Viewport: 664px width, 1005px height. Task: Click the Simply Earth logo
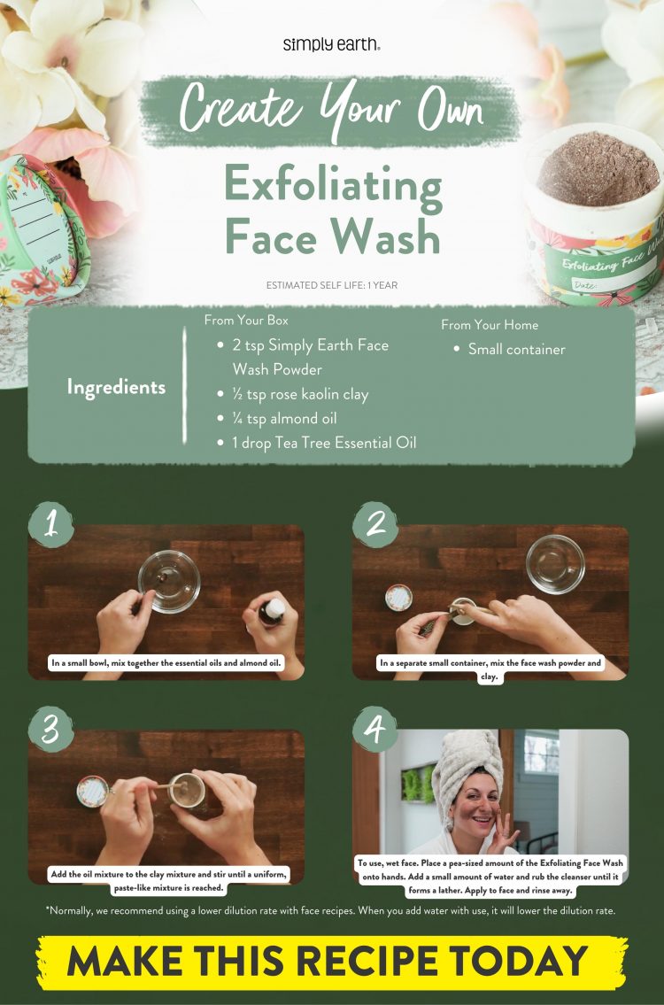tap(332, 44)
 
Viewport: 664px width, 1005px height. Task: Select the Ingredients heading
tap(116, 387)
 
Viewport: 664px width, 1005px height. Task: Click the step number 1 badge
tap(51, 524)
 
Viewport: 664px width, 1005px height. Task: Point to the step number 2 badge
tap(375, 524)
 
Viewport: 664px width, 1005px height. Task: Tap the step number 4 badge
tap(375, 729)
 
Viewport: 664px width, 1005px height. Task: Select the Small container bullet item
tap(516, 350)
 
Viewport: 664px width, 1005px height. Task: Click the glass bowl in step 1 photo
tap(168, 582)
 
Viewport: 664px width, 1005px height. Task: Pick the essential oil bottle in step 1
tap(274, 611)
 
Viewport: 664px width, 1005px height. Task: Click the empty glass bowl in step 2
tap(555, 563)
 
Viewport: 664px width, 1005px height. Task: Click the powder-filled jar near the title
tap(595, 204)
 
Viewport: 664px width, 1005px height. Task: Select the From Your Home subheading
tap(490, 325)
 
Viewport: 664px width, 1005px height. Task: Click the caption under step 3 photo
tap(168, 881)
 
